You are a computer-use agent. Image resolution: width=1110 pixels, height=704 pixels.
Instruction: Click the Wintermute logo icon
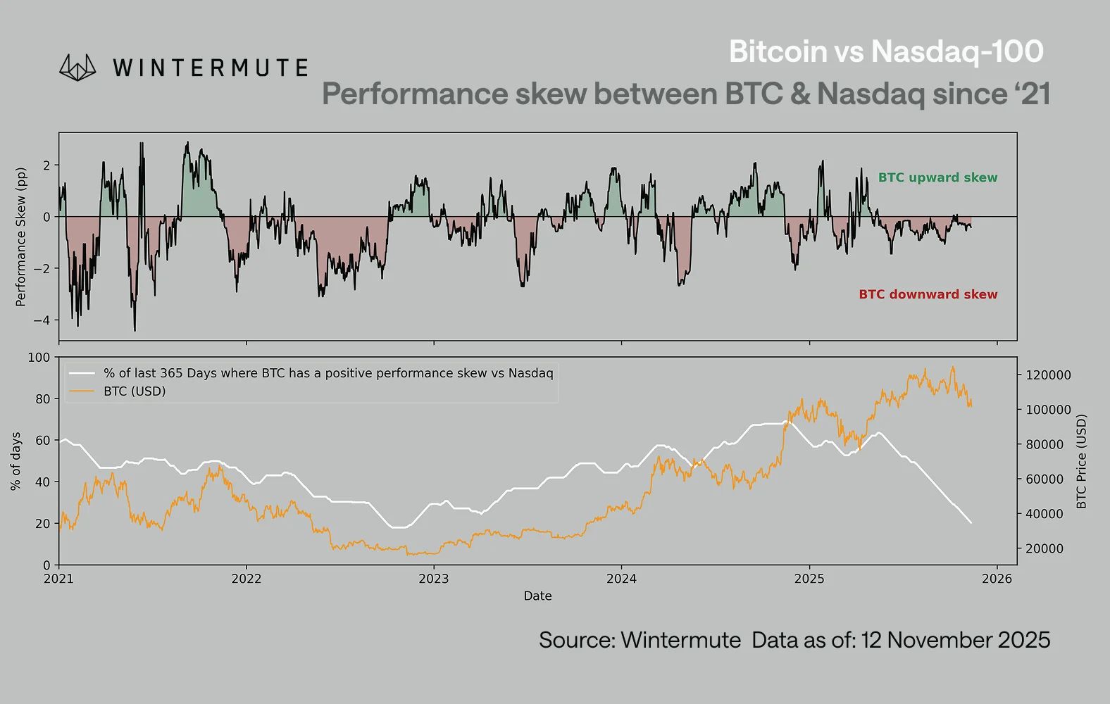[77, 67]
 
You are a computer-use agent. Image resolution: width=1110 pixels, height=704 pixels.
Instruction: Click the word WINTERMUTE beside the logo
[210, 68]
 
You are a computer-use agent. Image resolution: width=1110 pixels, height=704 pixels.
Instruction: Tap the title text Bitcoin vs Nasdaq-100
[885, 51]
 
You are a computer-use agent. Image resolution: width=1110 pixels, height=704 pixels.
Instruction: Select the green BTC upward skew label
[937, 177]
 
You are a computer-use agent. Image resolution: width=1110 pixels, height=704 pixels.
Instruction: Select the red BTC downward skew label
[928, 294]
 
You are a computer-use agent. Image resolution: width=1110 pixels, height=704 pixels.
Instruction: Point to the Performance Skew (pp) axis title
[20, 237]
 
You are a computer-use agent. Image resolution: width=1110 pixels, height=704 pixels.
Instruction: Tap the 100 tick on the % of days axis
[39, 358]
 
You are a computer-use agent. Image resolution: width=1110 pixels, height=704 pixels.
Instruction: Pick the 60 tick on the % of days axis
[42, 441]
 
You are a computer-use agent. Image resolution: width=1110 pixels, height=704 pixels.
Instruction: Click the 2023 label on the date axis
[433, 579]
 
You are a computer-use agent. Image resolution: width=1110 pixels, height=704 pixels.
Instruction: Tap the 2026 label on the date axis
[996, 579]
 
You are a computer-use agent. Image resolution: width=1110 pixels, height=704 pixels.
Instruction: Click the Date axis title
[537, 596]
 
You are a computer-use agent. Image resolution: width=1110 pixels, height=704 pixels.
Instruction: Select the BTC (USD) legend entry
[134, 391]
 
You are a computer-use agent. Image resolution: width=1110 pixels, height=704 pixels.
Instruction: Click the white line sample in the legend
[82, 373]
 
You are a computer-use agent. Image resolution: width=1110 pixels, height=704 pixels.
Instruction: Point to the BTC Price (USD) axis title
[1082, 461]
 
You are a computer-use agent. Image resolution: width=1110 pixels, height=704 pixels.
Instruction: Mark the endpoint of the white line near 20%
[971, 522]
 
